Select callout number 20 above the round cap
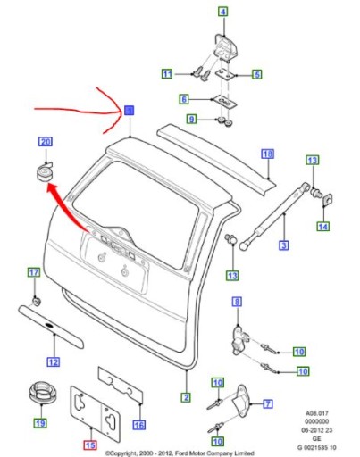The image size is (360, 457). click(x=46, y=142)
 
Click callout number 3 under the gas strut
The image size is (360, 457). click(x=282, y=245)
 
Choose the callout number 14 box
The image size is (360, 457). click(x=322, y=228)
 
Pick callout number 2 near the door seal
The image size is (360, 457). click(x=187, y=397)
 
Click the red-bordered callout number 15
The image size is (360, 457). click(x=89, y=444)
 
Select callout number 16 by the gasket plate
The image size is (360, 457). click(x=138, y=426)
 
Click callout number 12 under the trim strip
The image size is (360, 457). click(x=54, y=361)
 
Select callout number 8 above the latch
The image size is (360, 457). click(x=237, y=303)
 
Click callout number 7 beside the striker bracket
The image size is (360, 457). click(x=267, y=403)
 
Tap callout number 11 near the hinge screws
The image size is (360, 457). click(x=166, y=73)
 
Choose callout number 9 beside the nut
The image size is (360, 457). click(x=190, y=119)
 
